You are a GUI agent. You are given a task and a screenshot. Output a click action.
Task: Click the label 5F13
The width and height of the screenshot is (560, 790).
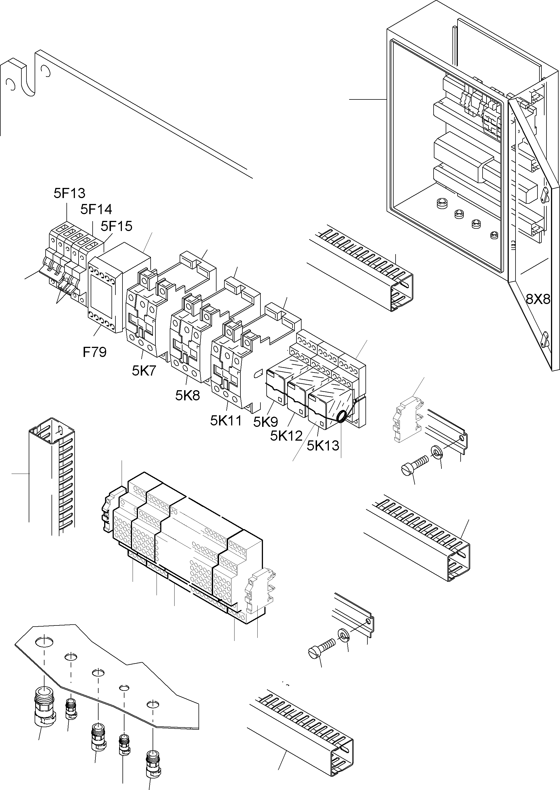[69, 193]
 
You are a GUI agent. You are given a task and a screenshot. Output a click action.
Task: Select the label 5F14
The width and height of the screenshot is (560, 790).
[96, 209]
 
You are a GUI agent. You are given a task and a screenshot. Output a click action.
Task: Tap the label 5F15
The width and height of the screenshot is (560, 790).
[116, 226]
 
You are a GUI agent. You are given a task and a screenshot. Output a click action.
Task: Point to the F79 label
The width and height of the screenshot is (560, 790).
[95, 352]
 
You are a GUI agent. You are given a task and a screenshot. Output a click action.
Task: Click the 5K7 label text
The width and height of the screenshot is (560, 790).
[144, 371]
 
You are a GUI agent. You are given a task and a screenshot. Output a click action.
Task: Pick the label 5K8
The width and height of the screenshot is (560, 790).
[187, 396]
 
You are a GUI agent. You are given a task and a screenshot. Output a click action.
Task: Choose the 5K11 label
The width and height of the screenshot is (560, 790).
[226, 421]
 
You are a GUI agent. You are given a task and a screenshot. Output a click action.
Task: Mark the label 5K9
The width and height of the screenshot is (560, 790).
[265, 421]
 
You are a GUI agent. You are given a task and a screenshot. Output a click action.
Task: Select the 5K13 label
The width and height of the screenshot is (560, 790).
[323, 446]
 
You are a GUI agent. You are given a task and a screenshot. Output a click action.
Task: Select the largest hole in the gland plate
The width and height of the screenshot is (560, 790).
[44, 642]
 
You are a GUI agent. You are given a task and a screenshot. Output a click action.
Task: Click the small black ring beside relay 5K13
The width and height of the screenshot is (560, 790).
[342, 417]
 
